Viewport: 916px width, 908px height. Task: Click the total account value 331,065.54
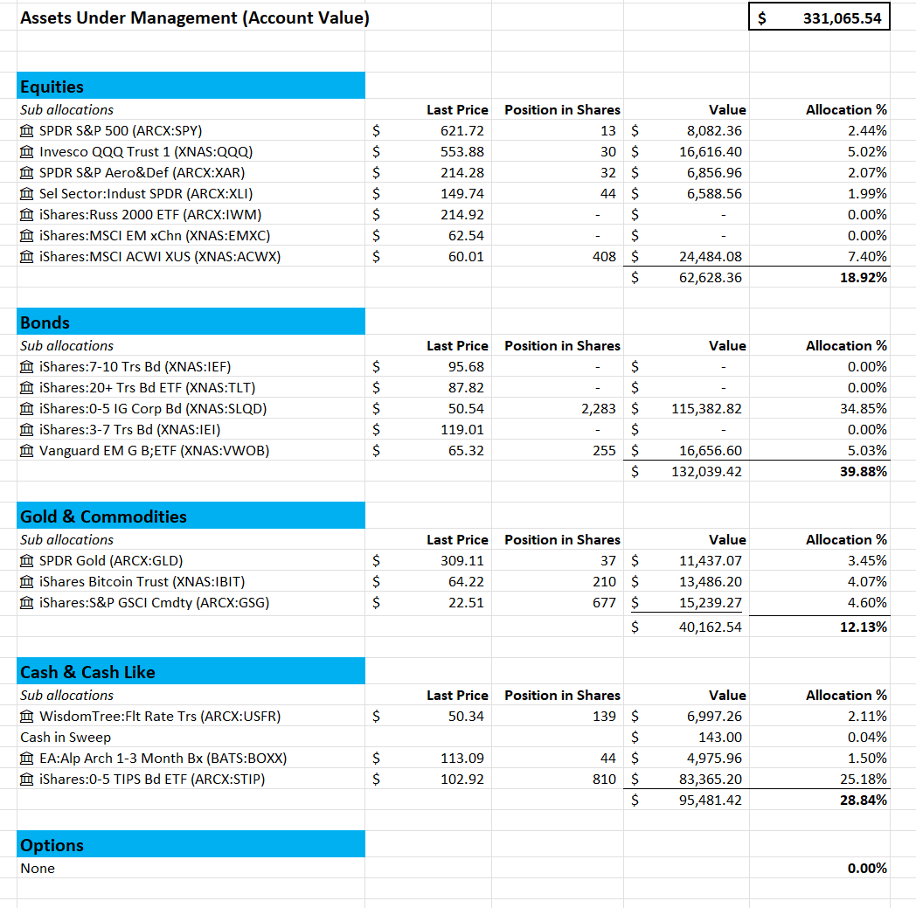click(x=842, y=17)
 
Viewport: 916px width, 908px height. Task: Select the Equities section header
click(x=52, y=87)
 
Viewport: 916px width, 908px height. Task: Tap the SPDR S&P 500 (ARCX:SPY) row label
click(x=120, y=131)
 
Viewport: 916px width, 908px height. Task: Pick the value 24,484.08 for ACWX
click(x=710, y=257)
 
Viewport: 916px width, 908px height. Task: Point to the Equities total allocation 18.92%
click(x=863, y=278)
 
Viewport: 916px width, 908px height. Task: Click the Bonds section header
click(x=45, y=322)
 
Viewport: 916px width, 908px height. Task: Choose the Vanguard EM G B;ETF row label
click(x=154, y=451)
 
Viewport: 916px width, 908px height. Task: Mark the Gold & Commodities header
click(x=103, y=516)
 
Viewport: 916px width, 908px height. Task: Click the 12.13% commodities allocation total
click(x=863, y=627)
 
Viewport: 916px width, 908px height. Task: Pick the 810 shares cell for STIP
click(x=604, y=780)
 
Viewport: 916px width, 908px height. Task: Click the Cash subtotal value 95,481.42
click(x=710, y=801)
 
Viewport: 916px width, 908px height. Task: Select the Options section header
click(x=52, y=845)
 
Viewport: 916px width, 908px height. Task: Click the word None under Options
click(x=38, y=869)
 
